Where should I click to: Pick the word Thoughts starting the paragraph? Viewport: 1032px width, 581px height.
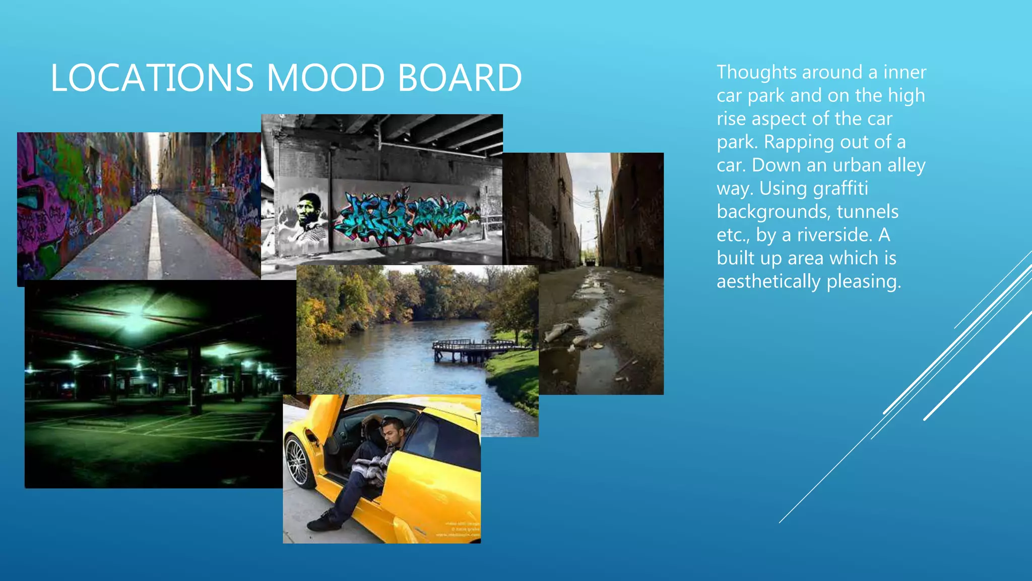tap(756, 72)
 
